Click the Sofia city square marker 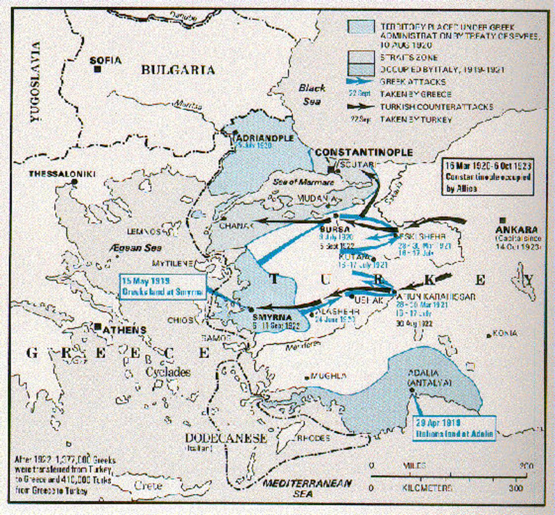pos(97,69)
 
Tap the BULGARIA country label pos(178,70)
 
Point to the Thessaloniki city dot pos(74,182)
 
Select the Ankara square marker pos(503,221)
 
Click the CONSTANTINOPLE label pos(364,153)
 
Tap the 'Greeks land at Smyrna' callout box pos(162,287)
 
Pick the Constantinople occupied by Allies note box pos(487,177)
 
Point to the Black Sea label pos(311,94)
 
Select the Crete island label pos(148,485)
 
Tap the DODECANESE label pos(226,438)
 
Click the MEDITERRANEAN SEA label pos(307,488)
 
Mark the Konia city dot pos(489,335)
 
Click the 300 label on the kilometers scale pos(516,488)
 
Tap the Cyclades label pos(168,372)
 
